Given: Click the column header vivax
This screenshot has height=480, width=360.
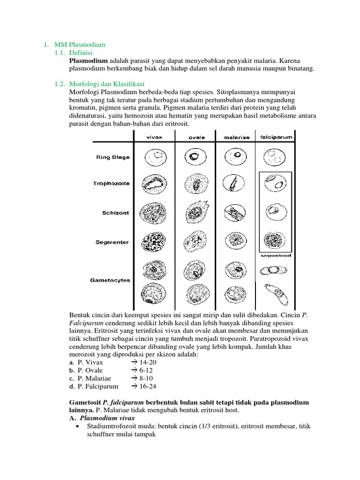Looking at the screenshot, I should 155,137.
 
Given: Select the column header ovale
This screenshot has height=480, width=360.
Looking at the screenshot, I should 196,137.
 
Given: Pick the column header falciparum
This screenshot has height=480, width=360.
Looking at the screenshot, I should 276,137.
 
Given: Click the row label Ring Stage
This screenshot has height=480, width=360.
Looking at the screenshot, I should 113,157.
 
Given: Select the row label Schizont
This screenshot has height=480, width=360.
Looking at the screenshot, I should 116,213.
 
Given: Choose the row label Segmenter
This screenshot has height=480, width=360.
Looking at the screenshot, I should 112,242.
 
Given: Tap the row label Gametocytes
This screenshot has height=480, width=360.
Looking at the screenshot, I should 110,280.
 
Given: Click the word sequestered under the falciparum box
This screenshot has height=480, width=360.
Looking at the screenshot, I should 276,256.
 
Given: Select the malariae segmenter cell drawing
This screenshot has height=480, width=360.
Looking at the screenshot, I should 236,242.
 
